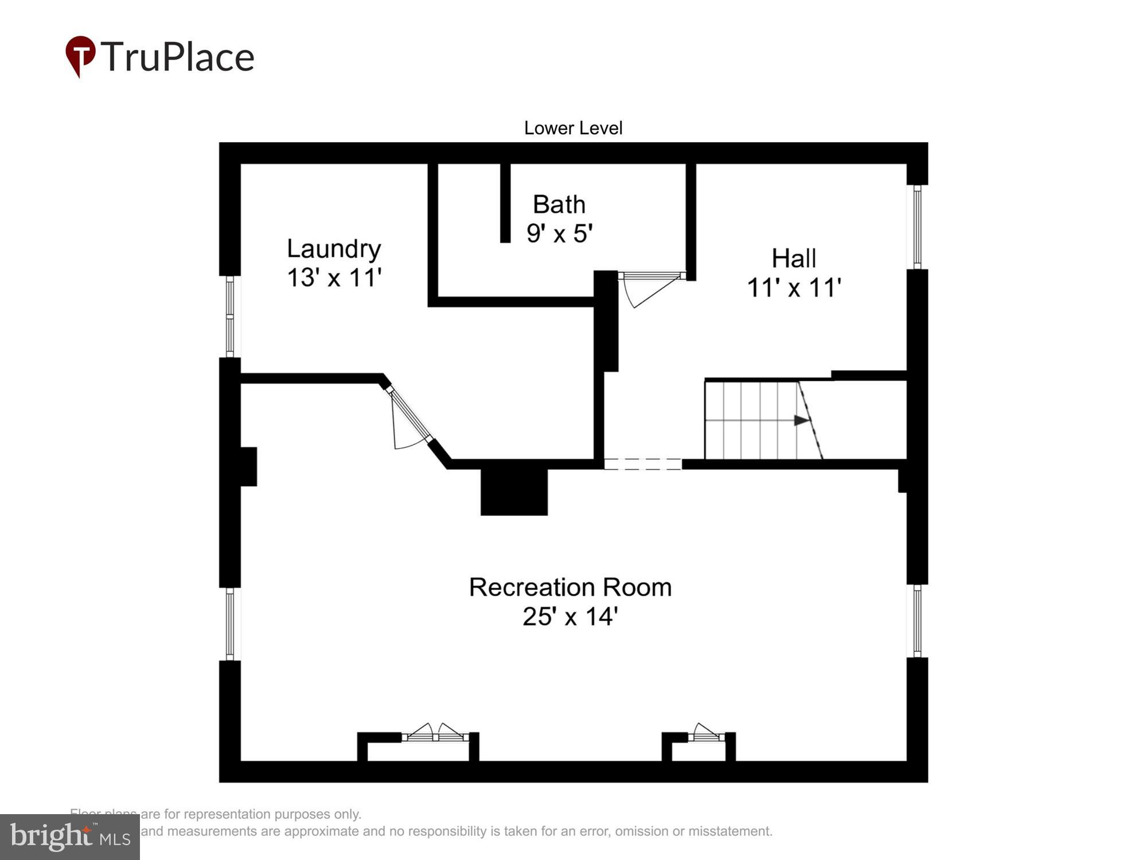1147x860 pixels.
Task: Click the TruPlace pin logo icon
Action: point(80,56)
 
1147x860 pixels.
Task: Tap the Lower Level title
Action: point(573,128)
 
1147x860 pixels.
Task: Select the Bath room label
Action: point(559,205)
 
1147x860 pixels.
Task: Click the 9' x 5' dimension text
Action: point(559,233)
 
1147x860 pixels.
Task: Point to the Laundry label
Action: point(334,249)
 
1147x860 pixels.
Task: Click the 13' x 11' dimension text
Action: point(334,277)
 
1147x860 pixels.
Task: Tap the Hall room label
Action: point(793,259)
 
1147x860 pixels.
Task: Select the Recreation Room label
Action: point(570,587)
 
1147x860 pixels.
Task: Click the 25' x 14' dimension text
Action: point(570,616)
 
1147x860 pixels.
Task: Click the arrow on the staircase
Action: point(801,420)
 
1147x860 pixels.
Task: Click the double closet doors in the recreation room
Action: point(435,733)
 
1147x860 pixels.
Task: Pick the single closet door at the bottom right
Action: point(706,733)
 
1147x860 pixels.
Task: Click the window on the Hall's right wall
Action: point(917,227)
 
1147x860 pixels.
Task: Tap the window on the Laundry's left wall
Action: point(230,316)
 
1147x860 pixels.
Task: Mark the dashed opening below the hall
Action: point(643,464)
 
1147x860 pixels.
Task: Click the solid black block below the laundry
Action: point(514,492)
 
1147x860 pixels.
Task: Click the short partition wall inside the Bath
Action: point(505,202)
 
